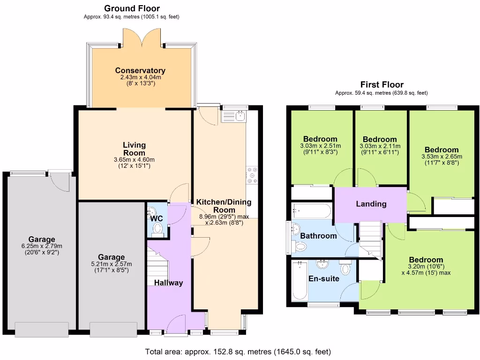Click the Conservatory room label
[x=140, y=71]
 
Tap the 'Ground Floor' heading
[x=132, y=8]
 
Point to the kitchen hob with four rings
[x=252, y=175]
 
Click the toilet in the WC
[x=158, y=229]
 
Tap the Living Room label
[x=135, y=149]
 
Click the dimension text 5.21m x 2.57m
[x=111, y=263]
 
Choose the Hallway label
[x=168, y=283]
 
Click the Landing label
[x=371, y=204]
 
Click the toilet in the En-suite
[x=345, y=269]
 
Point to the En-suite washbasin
[x=322, y=266]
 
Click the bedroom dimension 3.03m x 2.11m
[x=380, y=146]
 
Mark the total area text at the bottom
[x=238, y=352]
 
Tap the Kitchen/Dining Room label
[x=224, y=206]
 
